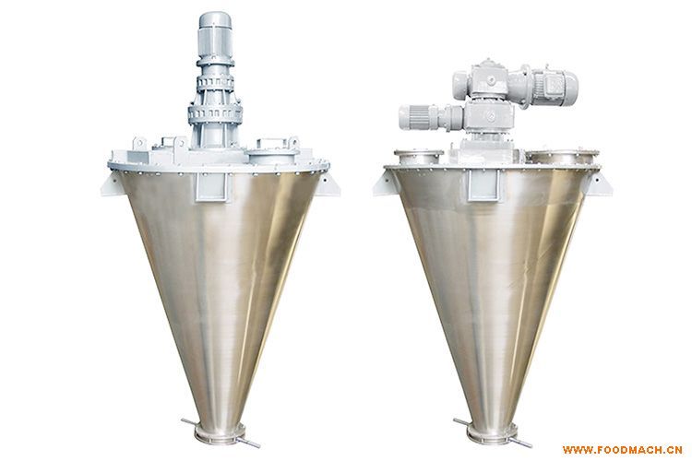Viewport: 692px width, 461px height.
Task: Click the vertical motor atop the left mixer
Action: click(x=215, y=35)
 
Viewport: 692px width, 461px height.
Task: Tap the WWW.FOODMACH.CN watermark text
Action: click(x=622, y=451)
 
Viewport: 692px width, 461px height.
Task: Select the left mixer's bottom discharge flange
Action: click(x=221, y=432)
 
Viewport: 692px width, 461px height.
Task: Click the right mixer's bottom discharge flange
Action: click(x=493, y=432)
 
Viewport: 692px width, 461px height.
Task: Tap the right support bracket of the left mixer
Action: click(x=330, y=184)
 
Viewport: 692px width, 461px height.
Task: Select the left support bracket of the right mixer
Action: click(x=384, y=183)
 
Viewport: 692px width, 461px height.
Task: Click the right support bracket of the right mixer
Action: click(x=600, y=183)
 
